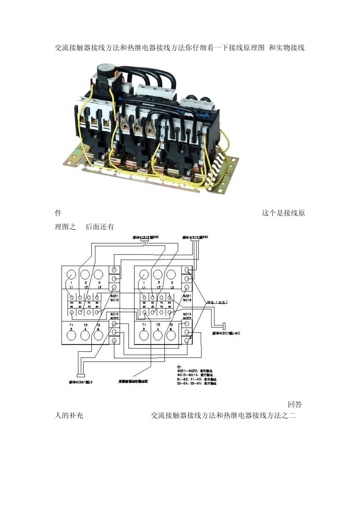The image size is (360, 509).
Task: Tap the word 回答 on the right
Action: pyautogui.click(x=295, y=404)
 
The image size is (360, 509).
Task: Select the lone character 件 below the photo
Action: pyautogui.click(x=58, y=213)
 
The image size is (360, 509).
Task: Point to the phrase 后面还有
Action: pyautogui.click(x=100, y=227)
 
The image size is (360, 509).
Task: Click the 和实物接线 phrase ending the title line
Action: pyautogui.click(x=287, y=48)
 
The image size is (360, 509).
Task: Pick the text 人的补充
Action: pyautogui.click(x=69, y=415)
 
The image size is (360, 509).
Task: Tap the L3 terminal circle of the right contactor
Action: pyautogui.click(x=171, y=275)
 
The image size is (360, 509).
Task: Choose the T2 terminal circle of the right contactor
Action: pyautogui.click(x=158, y=335)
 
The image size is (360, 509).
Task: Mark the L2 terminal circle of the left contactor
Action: pyautogui.click(x=85, y=275)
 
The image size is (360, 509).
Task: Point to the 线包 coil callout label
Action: pyautogui.click(x=217, y=302)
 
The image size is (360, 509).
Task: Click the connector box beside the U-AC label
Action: pyautogui.click(x=224, y=326)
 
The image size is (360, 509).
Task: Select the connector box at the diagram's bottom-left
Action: pyautogui.click(x=80, y=375)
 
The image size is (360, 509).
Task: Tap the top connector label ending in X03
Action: pyautogui.click(x=146, y=237)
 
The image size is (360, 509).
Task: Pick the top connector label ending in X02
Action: pyautogui.click(x=195, y=237)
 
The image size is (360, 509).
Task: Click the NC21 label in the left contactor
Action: pyautogui.click(x=114, y=296)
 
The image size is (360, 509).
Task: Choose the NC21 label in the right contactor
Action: pyautogui.click(x=187, y=296)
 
